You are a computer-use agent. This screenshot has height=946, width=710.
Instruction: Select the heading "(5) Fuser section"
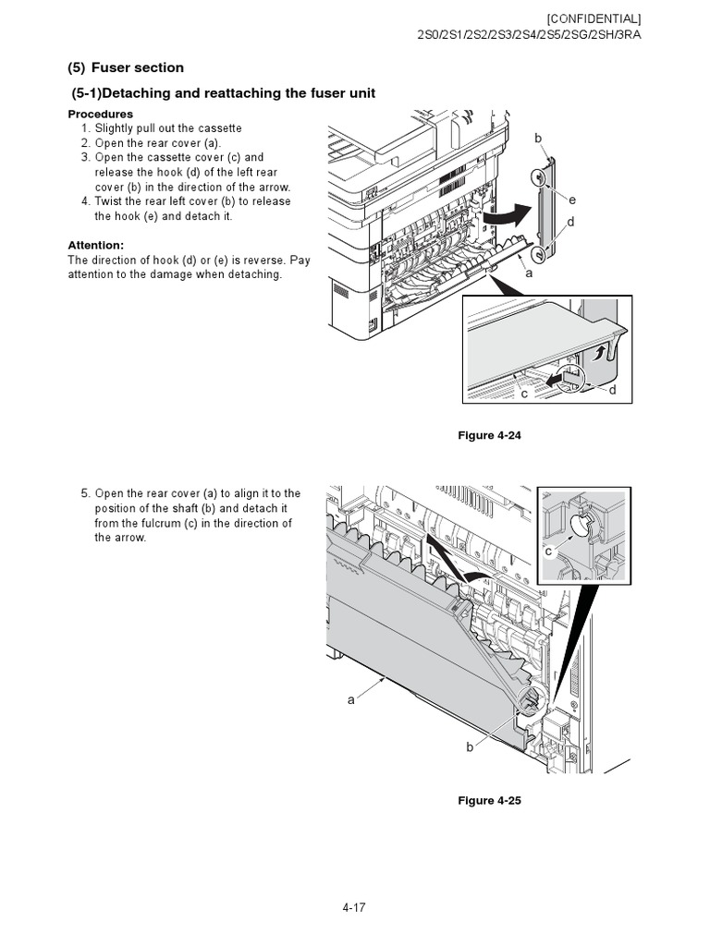click(x=126, y=67)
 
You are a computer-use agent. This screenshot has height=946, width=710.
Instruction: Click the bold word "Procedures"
click(x=100, y=114)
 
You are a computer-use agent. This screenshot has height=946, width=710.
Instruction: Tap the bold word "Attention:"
click(x=95, y=245)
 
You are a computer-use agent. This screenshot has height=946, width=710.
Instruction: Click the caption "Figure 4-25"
click(x=490, y=800)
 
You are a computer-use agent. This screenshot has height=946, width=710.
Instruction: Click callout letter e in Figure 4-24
click(x=572, y=200)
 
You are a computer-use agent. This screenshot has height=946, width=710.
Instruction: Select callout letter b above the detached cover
click(x=538, y=138)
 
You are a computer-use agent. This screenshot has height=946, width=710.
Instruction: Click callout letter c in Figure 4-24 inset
click(x=523, y=394)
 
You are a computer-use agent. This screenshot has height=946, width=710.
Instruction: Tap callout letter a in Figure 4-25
click(x=350, y=699)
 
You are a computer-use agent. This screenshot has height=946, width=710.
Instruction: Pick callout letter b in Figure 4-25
click(x=470, y=746)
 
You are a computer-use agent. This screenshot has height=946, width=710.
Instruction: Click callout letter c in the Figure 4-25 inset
click(x=548, y=552)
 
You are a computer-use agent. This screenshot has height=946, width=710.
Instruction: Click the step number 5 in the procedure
click(x=84, y=493)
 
